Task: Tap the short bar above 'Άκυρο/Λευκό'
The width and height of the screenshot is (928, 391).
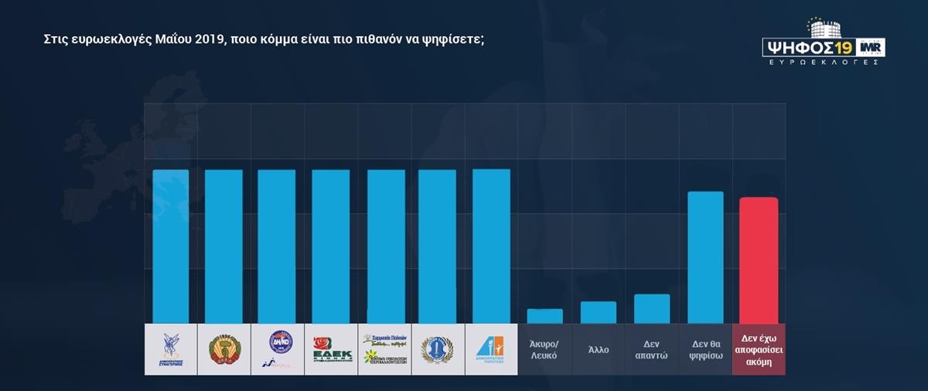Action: (544, 316)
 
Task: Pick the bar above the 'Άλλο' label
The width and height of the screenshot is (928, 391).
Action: (599, 312)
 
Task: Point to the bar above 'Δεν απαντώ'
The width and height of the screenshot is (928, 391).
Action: (652, 309)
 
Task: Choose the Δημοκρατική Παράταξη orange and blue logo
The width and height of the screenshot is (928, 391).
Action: (490, 349)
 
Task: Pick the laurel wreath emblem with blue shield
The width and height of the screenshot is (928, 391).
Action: (437, 349)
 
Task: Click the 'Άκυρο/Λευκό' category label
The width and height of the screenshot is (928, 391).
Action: (544, 349)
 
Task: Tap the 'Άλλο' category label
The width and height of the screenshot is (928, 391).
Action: (598, 349)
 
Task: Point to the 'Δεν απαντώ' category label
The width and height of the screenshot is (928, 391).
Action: (652, 349)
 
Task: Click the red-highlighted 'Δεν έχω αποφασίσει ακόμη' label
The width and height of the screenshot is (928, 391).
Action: (759, 349)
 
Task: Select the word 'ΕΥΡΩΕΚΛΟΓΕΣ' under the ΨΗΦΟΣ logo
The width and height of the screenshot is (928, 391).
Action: (824, 62)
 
